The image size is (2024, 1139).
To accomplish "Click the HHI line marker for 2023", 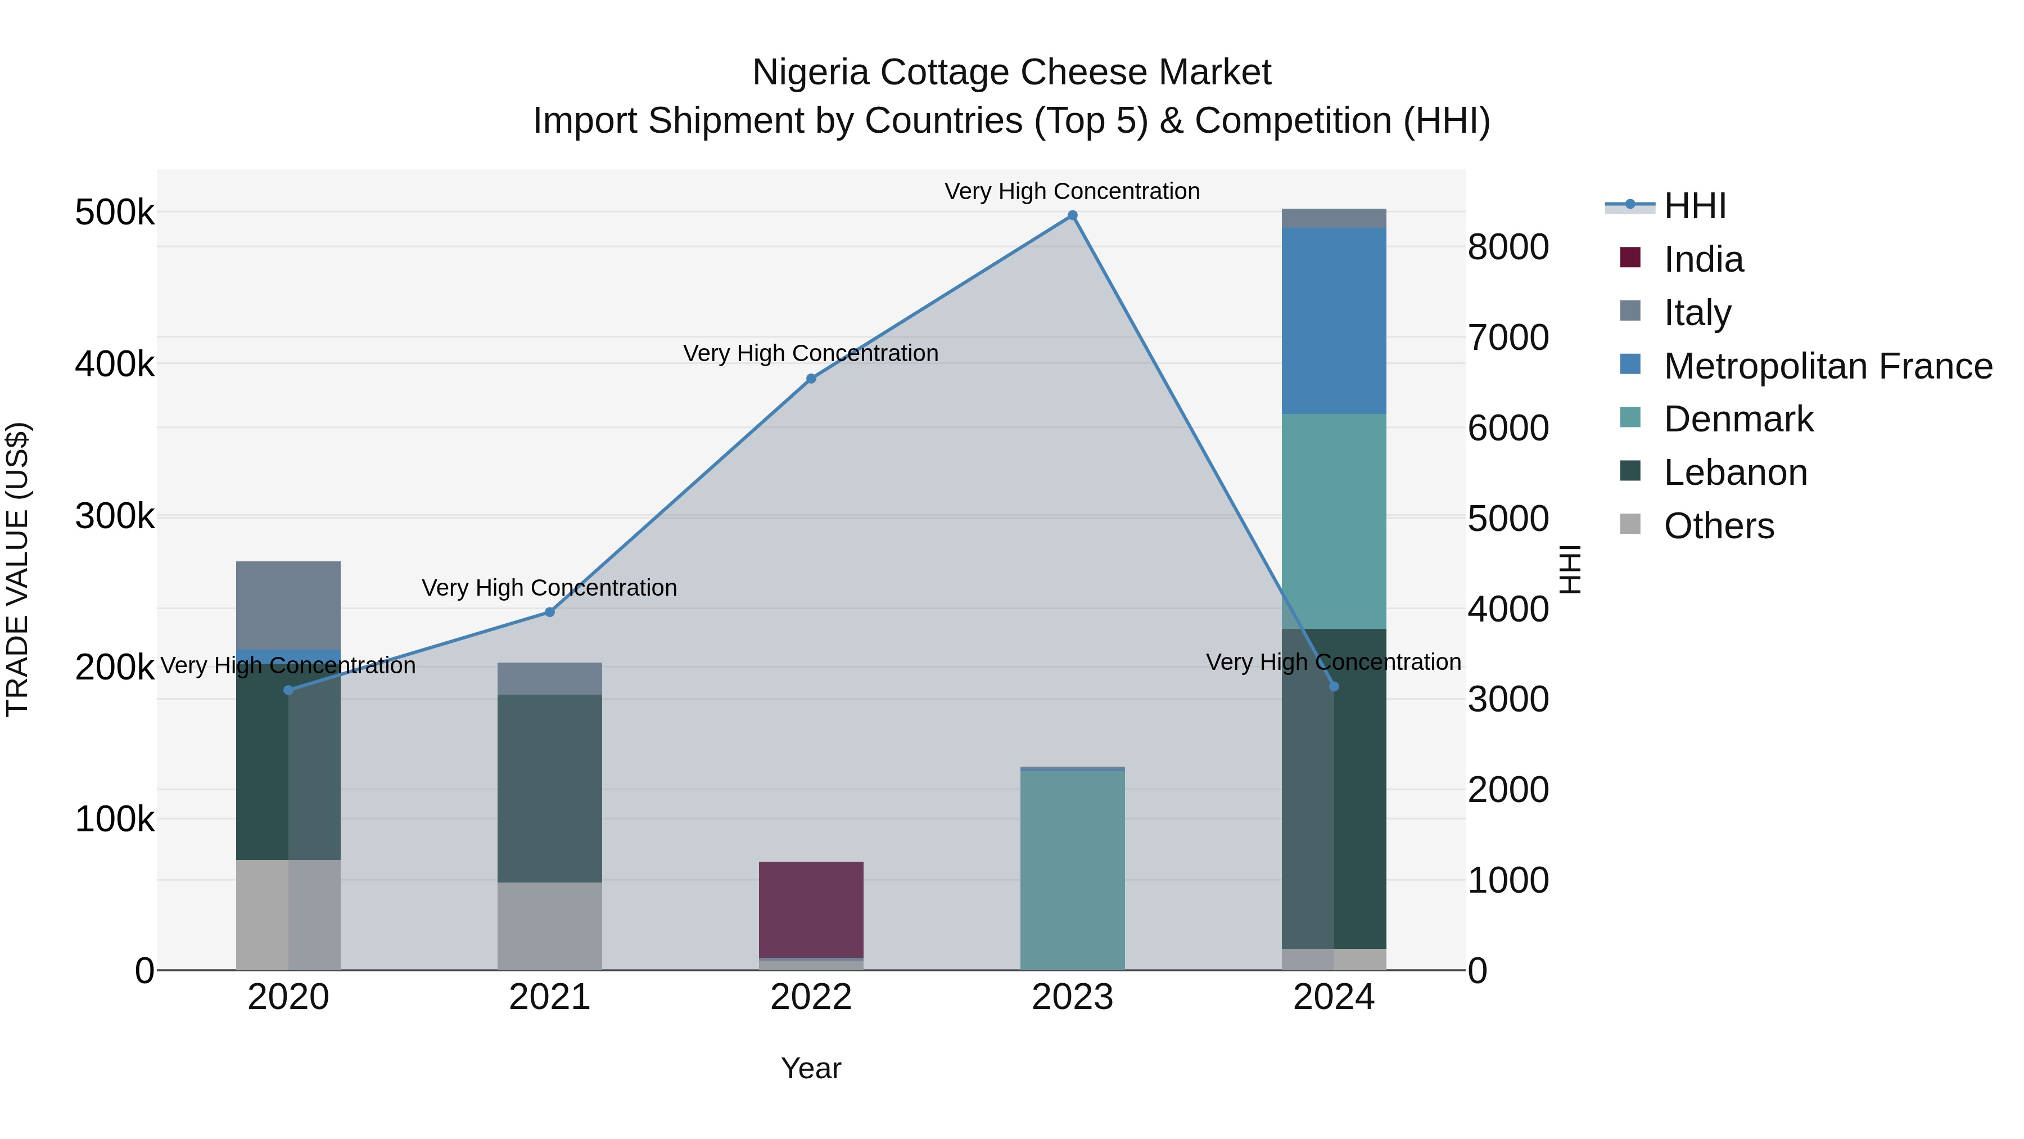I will point(1073,215).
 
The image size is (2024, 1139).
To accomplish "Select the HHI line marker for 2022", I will point(811,379).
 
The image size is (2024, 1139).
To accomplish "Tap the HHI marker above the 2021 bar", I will point(549,613).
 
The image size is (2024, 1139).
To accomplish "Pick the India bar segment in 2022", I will point(811,910).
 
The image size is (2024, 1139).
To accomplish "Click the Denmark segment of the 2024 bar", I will point(1334,521).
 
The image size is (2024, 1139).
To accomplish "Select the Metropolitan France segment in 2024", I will point(1334,321).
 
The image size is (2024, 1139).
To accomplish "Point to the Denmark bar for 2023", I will point(1073,870).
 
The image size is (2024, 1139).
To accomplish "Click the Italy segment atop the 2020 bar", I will point(288,605).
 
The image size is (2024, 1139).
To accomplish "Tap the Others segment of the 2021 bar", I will point(549,925).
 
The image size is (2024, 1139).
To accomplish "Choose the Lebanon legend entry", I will point(1735,472).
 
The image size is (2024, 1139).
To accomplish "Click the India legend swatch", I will point(1630,258).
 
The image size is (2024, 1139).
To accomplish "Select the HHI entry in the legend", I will point(1695,206).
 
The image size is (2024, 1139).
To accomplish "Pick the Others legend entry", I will point(1718,526).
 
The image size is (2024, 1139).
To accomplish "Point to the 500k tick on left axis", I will point(115,212).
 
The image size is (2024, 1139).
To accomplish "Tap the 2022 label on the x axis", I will point(811,997).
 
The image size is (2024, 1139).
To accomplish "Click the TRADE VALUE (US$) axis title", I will point(17,569).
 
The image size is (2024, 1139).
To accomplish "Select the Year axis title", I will point(811,1068).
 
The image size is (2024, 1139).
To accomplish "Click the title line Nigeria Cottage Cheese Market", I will point(1011,73).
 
